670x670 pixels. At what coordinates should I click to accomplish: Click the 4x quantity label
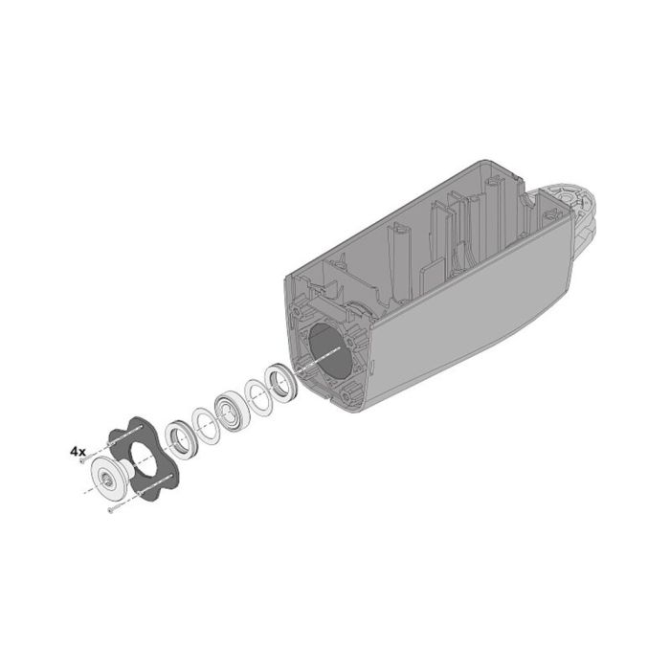click(x=78, y=449)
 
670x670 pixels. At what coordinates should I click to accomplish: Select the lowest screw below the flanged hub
click(x=113, y=513)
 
